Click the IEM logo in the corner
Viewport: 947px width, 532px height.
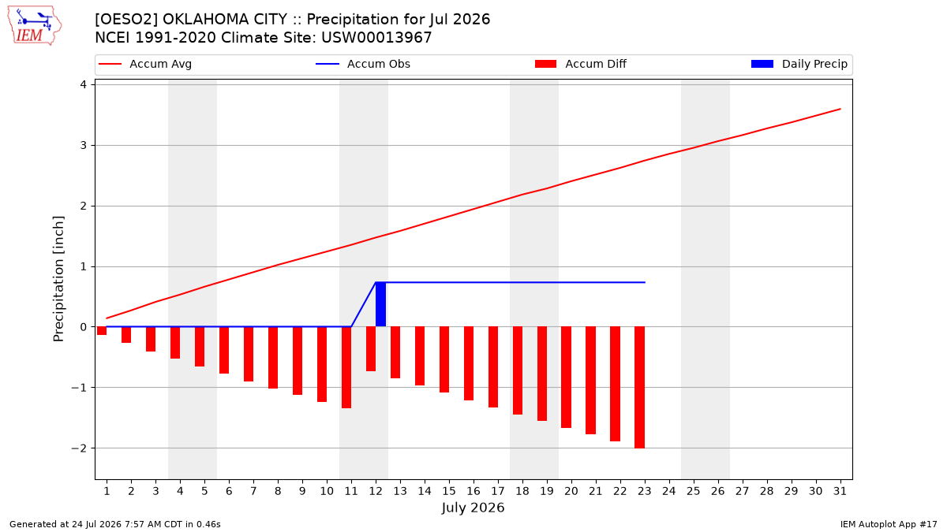click(34, 26)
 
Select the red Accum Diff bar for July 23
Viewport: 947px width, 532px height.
click(639, 387)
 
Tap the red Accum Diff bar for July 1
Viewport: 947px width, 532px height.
click(102, 330)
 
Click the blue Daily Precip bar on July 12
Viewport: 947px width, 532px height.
click(380, 304)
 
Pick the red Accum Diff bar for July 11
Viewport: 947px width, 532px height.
click(346, 367)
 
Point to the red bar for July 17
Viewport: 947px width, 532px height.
click(493, 367)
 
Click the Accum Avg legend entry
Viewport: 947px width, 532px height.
click(145, 64)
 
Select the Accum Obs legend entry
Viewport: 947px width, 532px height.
click(363, 64)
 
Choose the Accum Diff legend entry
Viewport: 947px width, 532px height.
click(581, 64)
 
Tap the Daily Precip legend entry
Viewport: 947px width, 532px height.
click(799, 64)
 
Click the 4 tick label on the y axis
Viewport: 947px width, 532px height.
click(84, 85)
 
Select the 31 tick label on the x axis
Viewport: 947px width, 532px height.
click(840, 491)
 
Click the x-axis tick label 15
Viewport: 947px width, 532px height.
click(449, 491)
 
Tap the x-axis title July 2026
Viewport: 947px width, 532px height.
click(473, 508)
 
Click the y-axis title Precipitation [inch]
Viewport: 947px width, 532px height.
click(58, 279)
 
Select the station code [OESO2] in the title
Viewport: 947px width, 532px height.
click(126, 20)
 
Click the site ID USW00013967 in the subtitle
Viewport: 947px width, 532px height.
click(376, 38)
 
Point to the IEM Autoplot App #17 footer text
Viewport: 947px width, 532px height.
click(889, 524)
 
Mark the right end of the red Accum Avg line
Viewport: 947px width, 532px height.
click(840, 109)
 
